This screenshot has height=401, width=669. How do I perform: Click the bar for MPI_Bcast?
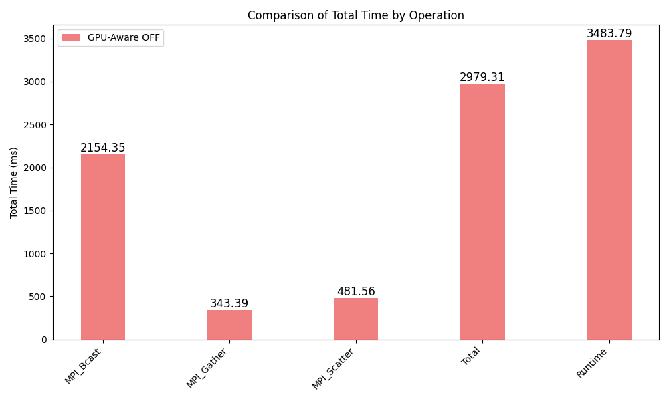(102, 247)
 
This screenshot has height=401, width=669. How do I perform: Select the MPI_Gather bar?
(229, 325)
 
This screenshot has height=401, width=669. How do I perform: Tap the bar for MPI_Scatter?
(355, 319)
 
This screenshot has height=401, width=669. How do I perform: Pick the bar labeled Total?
(482, 212)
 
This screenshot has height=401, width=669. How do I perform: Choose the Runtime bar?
(609, 190)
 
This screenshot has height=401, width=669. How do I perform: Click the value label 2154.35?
(102, 148)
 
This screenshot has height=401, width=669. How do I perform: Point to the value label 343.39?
(229, 304)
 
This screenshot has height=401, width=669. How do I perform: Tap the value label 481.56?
(355, 292)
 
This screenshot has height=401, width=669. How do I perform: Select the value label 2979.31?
(482, 78)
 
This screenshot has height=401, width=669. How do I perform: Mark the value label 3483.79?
(609, 34)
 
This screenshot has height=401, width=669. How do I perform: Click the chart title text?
(355, 15)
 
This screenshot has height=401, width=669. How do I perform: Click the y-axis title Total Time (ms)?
(14, 182)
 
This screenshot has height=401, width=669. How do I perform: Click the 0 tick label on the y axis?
(43, 340)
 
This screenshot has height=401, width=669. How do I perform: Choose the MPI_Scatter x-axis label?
(334, 368)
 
